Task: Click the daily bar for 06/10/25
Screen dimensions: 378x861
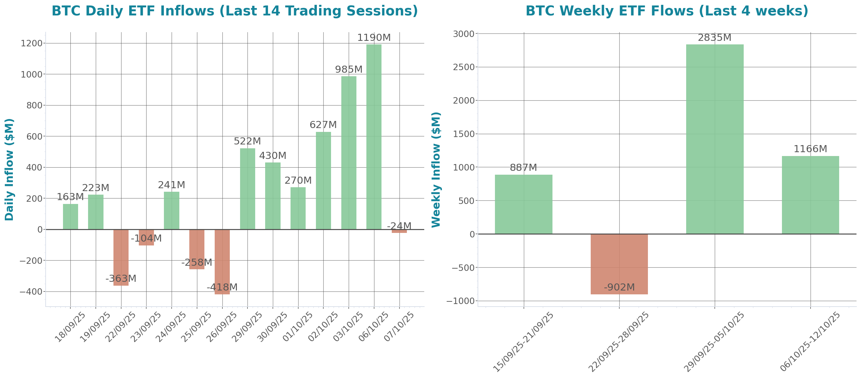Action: tap(374, 137)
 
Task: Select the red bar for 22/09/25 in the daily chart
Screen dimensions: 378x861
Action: tap(121, 257)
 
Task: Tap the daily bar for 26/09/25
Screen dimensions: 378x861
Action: tap(222, 262)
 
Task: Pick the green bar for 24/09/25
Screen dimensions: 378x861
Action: tap(172, 210)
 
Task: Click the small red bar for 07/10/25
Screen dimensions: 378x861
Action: tap(399, 231)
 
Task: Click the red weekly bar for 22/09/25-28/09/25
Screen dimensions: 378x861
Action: tap(619, 264)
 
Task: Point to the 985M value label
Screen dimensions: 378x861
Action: tap(349, 69)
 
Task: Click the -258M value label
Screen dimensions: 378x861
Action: tap(197, 263)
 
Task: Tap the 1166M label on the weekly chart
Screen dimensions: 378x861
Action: tap(810, 149)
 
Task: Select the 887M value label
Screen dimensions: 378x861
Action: tap(524, 168)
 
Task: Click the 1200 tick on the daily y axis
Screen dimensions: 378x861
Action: tap(31, 43)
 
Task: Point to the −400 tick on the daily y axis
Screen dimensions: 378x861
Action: tap(31, 292)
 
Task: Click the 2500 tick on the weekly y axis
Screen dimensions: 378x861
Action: tap(463, 67)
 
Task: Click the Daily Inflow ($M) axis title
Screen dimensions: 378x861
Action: tap(9, 170)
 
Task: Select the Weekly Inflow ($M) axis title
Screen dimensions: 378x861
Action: tap(436, 170)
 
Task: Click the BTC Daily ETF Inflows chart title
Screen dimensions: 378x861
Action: tap(235, 11)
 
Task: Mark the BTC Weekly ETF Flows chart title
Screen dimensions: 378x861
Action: tap(667, 11)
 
